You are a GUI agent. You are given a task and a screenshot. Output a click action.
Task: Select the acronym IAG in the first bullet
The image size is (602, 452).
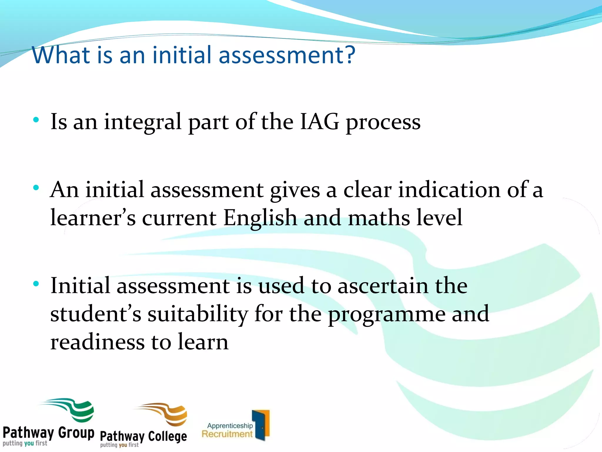coord(319,122)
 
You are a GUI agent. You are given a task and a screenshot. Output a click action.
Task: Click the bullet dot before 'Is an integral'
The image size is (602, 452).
coord(36,120)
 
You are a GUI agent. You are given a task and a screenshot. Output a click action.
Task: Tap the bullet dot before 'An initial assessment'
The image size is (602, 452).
coord(36,187)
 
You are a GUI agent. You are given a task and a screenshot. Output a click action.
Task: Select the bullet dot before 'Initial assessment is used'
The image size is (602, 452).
coord(36,284)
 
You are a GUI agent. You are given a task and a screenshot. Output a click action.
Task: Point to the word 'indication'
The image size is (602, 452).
coord(449,190)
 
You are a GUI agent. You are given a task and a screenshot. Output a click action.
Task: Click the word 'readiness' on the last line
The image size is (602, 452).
coord(97,342)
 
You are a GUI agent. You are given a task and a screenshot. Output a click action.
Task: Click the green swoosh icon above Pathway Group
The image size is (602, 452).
coord(73,409)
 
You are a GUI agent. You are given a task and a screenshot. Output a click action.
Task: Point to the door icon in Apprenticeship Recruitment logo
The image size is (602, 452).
coord(261,425)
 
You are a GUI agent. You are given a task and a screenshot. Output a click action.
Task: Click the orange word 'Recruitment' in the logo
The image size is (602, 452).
coord(227,434)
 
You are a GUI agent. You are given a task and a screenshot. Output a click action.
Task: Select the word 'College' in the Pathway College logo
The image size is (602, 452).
coord(167,437)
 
